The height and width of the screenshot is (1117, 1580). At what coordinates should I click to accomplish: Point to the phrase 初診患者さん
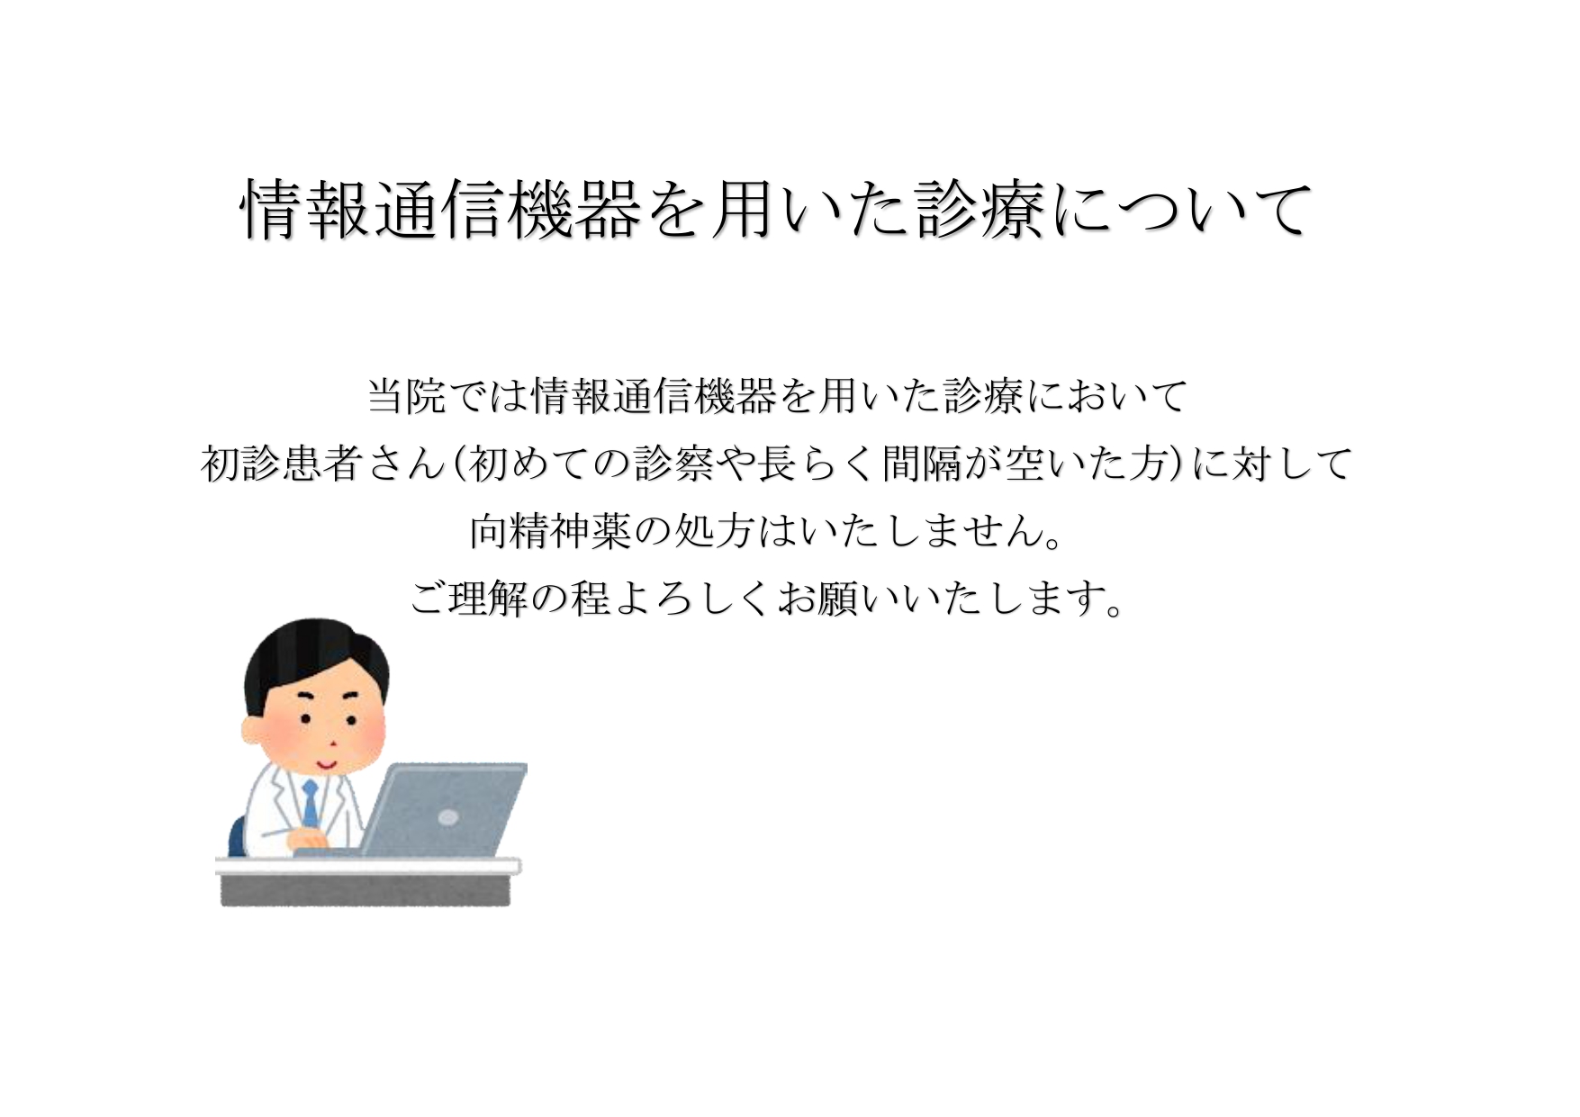(323, 464)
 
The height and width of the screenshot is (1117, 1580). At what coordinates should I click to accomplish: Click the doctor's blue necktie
(310, 803)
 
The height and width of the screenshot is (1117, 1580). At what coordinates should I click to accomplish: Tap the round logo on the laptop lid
(447, 817)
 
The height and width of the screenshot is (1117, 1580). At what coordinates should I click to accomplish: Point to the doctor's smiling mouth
(324, 763)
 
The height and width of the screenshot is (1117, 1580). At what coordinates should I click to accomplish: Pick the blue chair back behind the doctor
(237, 837)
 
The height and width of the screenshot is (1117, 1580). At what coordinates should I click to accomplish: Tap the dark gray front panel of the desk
(366, 889)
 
